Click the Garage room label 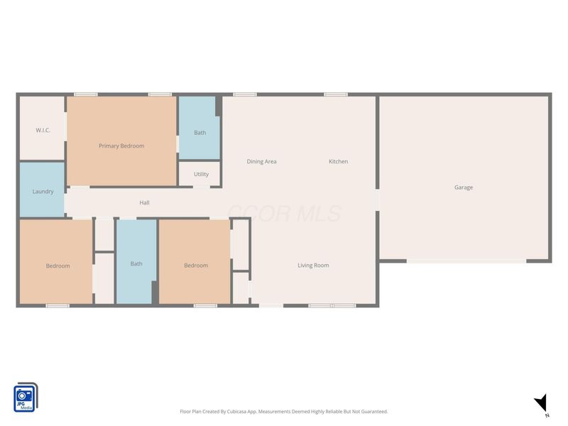[x=464, y=187]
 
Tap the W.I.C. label [x=43, y=130]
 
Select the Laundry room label [x=43, y=192]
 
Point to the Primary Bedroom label [x=121, y=146]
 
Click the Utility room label [x=201, y=174]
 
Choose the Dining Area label [x=261, y=162]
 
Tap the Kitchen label [x=339, y=162]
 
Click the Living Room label [x=313, y=266]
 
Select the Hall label [x=144, y=202]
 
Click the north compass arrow [x=542, y=403]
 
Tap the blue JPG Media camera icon [x=26, y=398]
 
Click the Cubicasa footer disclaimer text [x=283, y=412]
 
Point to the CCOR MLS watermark [x=284, y=214]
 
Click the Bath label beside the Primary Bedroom [x=200, y=133]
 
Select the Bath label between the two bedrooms [x=136, y=263]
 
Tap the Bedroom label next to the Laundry [x=58, y=266]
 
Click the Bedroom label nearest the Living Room [x=196, y=266]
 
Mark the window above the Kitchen [x=336, y=94]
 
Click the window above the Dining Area [x=245, y=94]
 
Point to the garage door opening [x=466, y=261]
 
